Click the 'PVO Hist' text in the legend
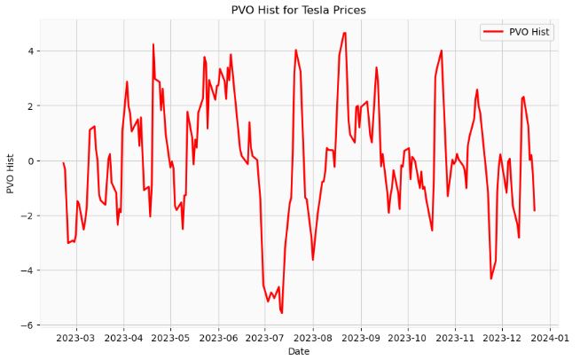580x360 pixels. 529,32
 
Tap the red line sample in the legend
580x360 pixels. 492,32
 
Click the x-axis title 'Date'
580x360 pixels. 299,352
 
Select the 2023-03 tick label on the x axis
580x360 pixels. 75,338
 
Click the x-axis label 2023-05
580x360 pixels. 172,338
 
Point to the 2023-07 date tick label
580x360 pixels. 264,338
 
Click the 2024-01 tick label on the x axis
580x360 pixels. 550,338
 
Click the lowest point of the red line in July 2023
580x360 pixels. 282,313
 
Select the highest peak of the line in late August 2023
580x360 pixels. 344,33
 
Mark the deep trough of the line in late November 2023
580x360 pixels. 491,278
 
